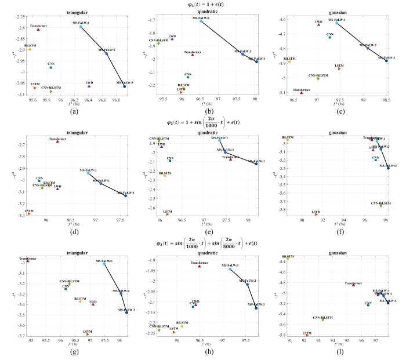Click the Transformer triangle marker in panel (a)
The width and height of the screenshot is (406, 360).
[x=39, y=29]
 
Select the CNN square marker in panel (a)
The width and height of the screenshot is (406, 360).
[x=50, y=67]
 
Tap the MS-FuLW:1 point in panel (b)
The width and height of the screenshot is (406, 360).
[x=201, y=21]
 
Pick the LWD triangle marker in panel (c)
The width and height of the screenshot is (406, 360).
[x=318, y=25]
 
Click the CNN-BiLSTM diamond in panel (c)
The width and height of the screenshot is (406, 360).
[x=318, y=78]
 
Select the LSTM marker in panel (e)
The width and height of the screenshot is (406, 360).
[x=168, y=214]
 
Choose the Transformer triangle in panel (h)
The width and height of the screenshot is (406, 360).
[x=199, y=266]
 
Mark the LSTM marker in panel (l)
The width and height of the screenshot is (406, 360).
[x=307, y=335]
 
